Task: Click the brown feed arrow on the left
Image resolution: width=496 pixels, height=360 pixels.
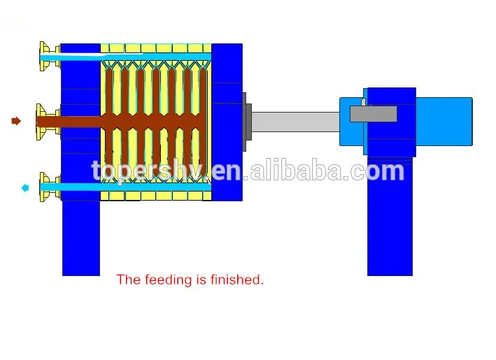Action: (16, 121)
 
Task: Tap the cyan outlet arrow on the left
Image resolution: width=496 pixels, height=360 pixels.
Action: (25, 187)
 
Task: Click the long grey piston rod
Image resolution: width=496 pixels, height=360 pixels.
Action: (294, 122)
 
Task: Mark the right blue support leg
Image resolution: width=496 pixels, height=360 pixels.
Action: (390, 217)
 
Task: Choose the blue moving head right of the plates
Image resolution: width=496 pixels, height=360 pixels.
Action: (227, 122)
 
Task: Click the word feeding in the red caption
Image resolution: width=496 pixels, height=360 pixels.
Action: (168, 280)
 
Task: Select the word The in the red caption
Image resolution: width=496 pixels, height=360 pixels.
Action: (128, 280)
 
